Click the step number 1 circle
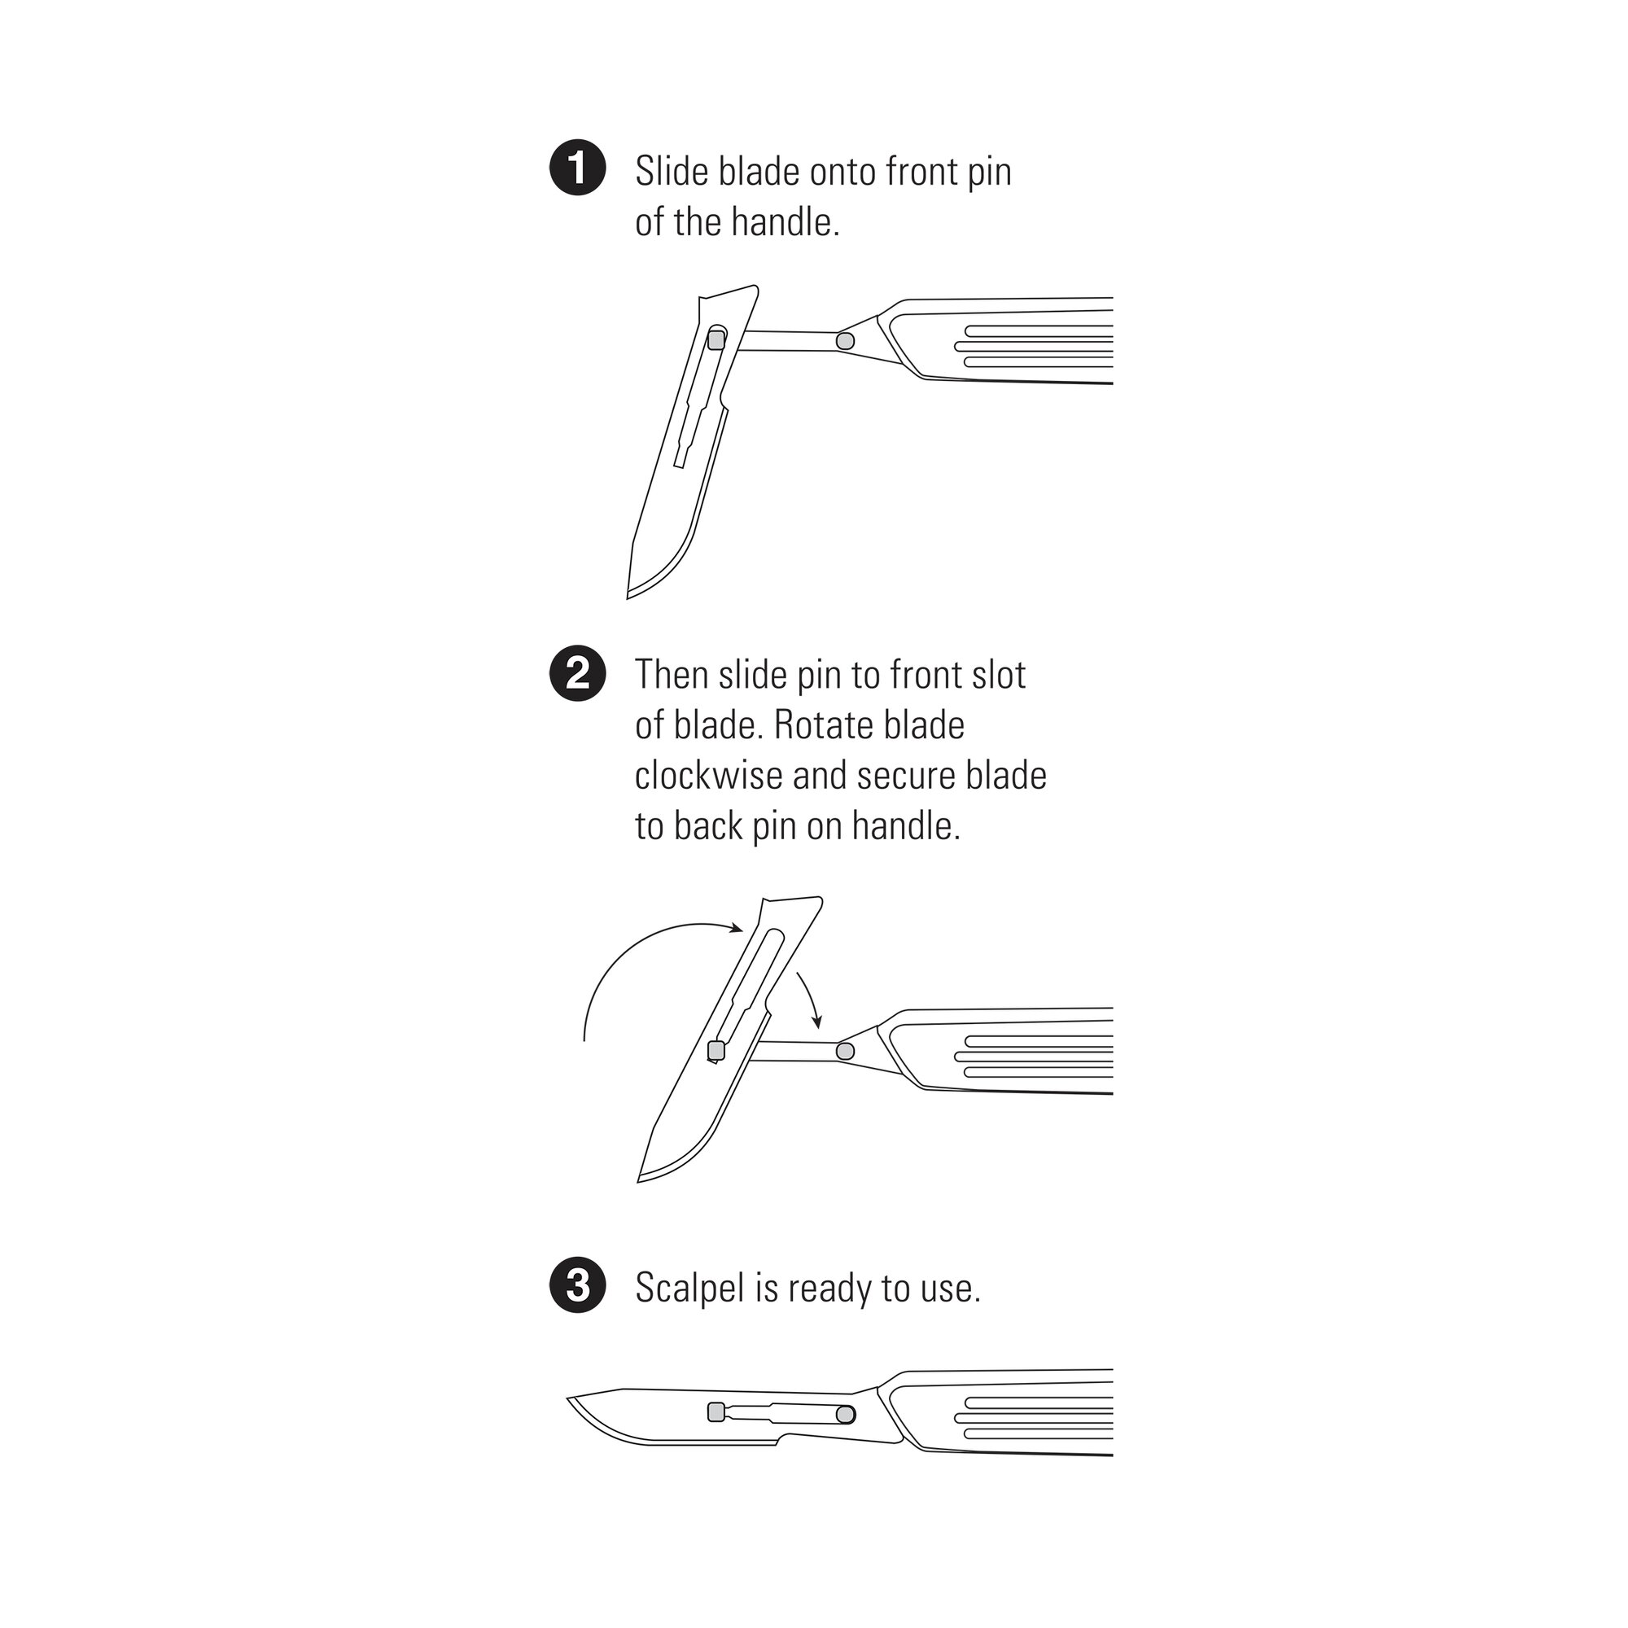coord(577,168)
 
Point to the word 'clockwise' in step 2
coord(709,775)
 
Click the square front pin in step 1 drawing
coord(716,339)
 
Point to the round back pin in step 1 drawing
coord(844,341)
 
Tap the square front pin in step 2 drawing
coord(716,1051)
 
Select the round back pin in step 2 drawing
coord(844,1051)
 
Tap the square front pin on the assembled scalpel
coord(716,1412)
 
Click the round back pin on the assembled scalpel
coord(845,1414)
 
